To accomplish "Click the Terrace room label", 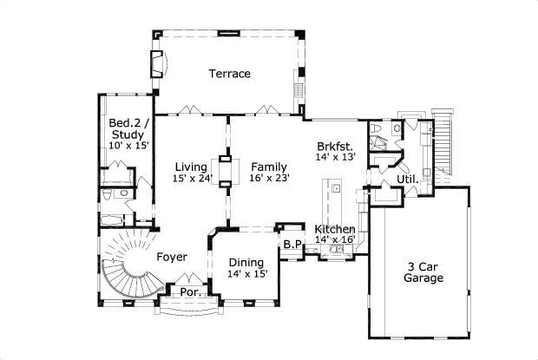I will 229,74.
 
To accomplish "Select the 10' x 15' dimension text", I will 128,146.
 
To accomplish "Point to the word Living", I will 190,167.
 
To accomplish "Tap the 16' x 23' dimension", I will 269,178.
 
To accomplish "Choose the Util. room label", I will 408,180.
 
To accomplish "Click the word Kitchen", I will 335,229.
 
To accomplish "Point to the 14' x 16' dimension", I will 335,239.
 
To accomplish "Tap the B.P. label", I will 292,245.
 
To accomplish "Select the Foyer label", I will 172,257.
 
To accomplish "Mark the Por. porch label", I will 190,292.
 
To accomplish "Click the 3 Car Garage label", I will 423,272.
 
